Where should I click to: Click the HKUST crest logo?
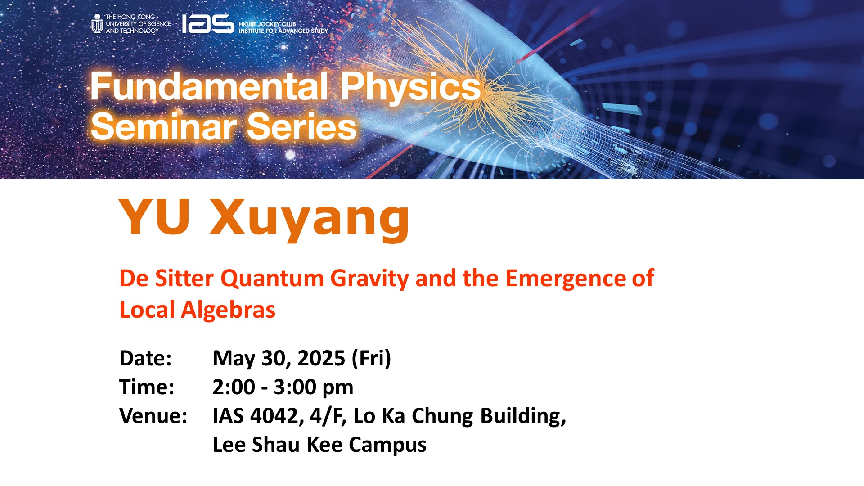97,23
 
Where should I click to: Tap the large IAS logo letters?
208,24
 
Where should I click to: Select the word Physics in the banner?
410,87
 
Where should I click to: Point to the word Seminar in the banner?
164,126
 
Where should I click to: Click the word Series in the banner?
302,126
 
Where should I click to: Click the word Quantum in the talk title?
272,278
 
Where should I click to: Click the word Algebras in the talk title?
228,310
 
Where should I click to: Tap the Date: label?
145,358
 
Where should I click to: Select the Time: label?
147,387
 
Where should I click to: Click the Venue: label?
153,416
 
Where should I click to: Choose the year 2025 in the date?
321,359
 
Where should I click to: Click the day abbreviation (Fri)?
372,359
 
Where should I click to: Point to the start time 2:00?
234,387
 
